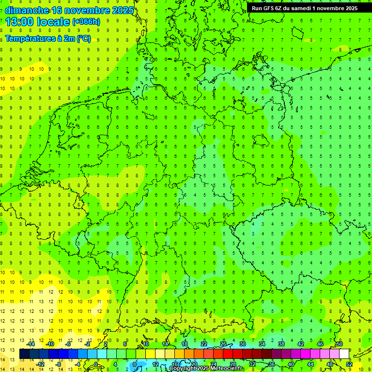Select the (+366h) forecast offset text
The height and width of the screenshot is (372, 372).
[86, 22]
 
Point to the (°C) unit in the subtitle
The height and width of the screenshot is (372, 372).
[83, 39]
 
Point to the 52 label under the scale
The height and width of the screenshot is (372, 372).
[349, 364]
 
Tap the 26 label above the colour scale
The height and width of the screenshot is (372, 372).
[223, 344]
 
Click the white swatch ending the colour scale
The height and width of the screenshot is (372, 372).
[344, 354]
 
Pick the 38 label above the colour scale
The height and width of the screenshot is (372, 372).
[281, 344]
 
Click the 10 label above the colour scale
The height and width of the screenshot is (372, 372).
[146, 344]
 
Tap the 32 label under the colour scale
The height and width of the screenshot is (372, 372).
[252, 364]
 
